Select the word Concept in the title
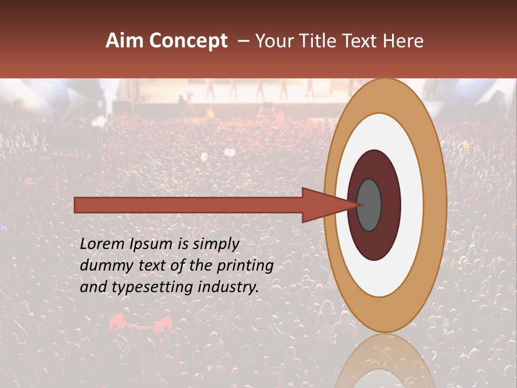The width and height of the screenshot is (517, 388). click(188, 41)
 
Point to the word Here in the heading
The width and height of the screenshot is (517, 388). click(403, 41)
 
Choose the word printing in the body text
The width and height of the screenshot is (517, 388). click(245, 266)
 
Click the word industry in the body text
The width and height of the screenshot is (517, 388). click(228, 288)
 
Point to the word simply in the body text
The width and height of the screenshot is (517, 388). click(216, 245)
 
